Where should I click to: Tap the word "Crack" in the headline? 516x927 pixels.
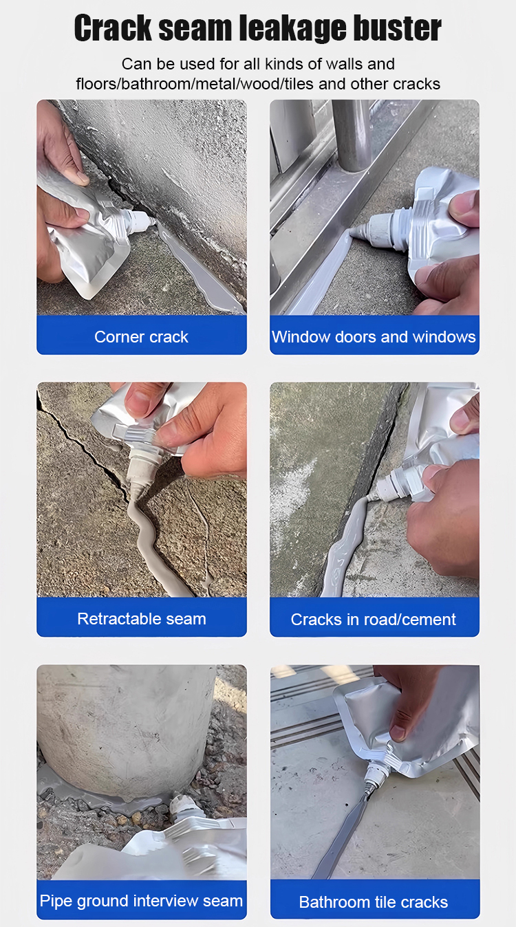[x=113, y=28]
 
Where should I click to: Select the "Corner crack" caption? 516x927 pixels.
[x=141, y=337]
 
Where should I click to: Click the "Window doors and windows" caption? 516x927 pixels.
[x=374, y=337]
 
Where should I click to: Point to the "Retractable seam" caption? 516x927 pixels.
[x=142, y=619]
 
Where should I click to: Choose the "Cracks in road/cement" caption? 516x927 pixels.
[x=373, y=620]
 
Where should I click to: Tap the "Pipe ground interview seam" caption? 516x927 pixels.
[x=141, y=901]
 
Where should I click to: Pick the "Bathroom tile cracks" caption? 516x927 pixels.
[x=374, y=902]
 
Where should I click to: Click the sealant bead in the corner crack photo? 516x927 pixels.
[x=199, y=269]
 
